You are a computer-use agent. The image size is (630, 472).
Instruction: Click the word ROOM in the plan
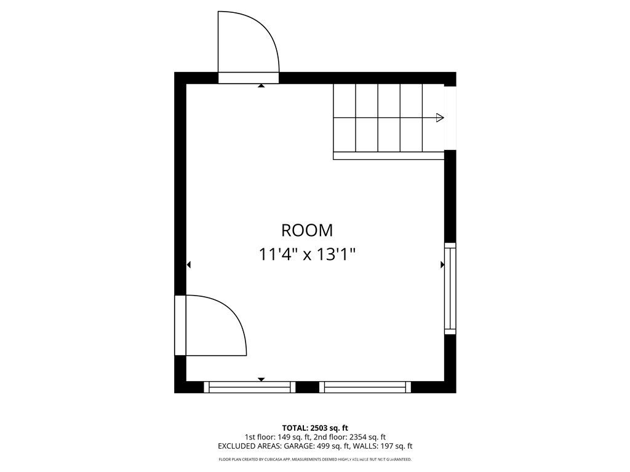pos(307,230)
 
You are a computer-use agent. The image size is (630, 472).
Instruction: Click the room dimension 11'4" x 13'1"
pos(307,254)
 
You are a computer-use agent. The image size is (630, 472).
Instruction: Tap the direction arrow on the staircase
pos(439,118)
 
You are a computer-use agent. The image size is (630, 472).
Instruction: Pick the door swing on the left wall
pos(215,324)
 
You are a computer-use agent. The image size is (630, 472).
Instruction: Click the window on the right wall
pos(450,288)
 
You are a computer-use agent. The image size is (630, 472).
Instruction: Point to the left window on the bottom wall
pos(249,387)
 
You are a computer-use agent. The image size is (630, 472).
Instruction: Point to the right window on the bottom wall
pos(365,387)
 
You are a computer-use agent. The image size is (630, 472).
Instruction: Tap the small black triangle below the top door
pos(261,87)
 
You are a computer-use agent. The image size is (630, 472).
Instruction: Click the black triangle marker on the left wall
pos(189,265)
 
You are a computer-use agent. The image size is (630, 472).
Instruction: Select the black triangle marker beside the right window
pos(442,265)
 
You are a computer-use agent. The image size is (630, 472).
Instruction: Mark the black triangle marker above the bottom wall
pos(261,379)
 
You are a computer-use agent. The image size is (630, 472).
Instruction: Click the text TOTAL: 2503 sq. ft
pos(315,428)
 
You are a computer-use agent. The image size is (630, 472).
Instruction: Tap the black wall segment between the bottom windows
pos(307,387)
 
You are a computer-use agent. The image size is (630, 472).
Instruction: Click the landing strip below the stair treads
pos(388,156)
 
